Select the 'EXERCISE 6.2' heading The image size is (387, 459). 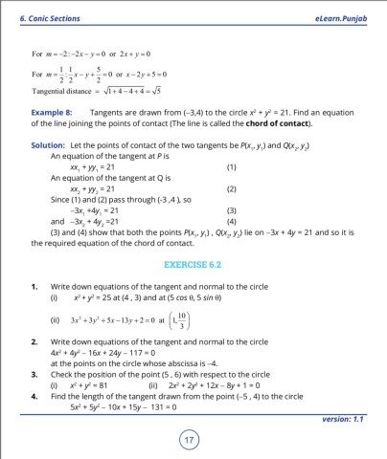(193, 259)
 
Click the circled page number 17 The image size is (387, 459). (193, 441)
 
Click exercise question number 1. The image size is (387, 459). (34, 285)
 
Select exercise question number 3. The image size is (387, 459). (34, 368)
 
